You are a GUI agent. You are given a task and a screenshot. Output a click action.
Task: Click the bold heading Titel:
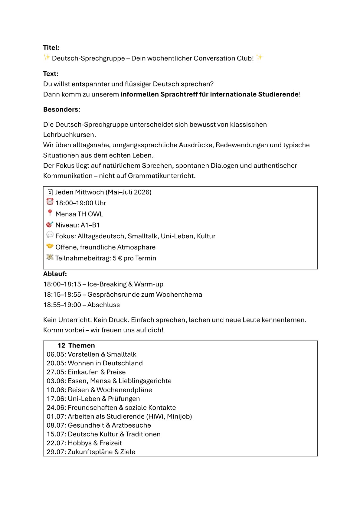click(x=51, y=47)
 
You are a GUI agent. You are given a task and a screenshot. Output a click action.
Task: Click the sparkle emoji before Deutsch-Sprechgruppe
click(x=47, y=57)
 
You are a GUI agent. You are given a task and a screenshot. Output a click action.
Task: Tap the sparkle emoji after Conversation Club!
click(x=259, y=57)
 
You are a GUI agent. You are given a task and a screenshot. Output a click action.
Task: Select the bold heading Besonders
click(x=61, y=109)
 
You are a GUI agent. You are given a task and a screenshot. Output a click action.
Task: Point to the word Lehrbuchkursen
click(x=69, y=135)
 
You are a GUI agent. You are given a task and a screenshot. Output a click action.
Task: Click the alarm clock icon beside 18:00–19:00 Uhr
click(x=50, y=202)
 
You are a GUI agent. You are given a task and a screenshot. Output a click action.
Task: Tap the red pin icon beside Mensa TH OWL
click(x=50, y=213)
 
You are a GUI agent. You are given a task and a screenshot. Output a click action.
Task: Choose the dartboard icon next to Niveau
click(x=50, y=224)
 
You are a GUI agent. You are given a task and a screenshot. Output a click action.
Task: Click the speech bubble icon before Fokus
click(x=50, y=235)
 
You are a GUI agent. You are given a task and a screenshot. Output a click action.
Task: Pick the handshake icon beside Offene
click(x=50, y=246)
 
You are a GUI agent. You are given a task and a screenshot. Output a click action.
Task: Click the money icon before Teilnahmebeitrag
click(x=50, y=257)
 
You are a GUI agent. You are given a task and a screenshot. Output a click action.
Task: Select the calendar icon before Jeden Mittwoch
click(x=50, y=192)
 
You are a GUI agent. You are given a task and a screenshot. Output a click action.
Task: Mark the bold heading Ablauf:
click(x=55, y=274)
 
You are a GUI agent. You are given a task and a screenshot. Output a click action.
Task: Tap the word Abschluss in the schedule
click(x=103, y=305)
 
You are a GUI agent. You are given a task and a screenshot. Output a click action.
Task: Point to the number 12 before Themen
click(x=61, y=345)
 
